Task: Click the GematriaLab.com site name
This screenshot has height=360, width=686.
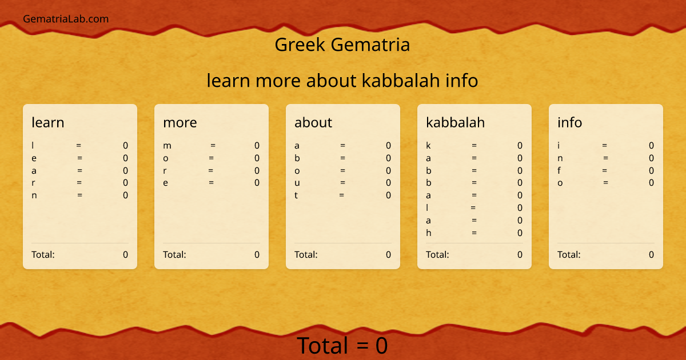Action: [66, 19]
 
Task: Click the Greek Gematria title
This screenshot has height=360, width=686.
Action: [342, 45]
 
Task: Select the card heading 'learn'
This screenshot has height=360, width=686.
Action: [48, 122]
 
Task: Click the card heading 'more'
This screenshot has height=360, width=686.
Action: [180, 122]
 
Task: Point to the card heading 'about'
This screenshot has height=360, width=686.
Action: [313, 122]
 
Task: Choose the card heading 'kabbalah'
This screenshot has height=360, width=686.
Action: [456, 122]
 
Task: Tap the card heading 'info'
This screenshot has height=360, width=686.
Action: [570, 122]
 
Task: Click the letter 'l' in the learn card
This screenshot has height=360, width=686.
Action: [33, 146]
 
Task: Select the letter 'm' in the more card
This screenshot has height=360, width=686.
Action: [167, 146]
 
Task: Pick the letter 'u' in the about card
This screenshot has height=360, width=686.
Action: [297, 183]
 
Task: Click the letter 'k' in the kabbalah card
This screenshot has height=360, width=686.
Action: [428, 146]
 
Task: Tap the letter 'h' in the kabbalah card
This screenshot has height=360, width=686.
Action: [428, 233]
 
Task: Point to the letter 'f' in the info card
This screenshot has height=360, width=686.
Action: [559, 170]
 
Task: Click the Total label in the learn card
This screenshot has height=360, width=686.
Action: [43, 255]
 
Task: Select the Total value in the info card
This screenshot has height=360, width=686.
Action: [651, 255]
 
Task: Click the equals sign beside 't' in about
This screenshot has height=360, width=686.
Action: [341, 195]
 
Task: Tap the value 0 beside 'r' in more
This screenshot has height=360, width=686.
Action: [257, 170]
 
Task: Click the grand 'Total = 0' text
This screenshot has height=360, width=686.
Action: [342, 346]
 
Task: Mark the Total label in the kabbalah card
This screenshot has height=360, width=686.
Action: [438, 255]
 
